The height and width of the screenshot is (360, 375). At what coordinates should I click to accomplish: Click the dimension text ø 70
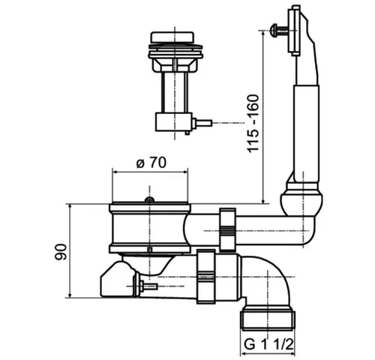[151, 163]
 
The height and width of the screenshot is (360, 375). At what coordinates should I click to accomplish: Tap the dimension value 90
[61, 252]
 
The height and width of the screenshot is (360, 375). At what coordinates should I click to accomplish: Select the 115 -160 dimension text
[253, 123]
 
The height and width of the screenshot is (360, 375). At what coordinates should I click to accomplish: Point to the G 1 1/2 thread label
[268, 345]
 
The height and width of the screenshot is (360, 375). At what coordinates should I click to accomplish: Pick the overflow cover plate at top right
[294, 30]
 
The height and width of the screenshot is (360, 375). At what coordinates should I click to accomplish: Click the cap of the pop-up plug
[172, 37]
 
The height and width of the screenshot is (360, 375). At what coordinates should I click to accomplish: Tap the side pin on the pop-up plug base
[202, 123]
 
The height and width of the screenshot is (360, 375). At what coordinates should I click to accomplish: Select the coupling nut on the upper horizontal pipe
[227, 229]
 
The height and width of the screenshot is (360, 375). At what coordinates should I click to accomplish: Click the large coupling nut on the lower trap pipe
[206, 277]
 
